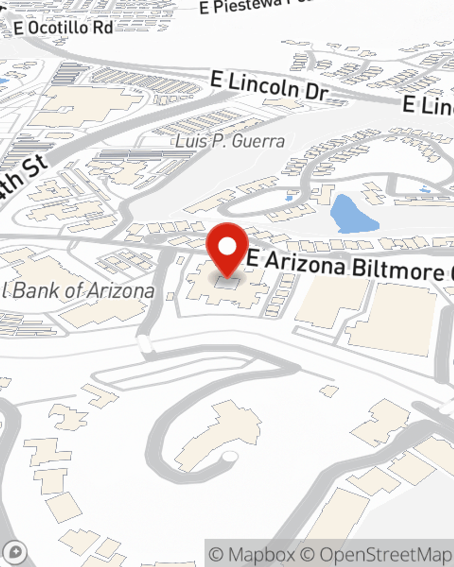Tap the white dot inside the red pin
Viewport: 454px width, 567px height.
coord(227,247)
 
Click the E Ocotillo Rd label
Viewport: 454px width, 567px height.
coord(63,28)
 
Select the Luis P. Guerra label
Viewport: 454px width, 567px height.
coord(230,141)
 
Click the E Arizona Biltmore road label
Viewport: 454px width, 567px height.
coord(350,267)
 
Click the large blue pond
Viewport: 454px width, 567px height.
coord(352,214)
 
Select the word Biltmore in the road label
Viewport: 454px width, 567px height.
coord(398,270)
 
